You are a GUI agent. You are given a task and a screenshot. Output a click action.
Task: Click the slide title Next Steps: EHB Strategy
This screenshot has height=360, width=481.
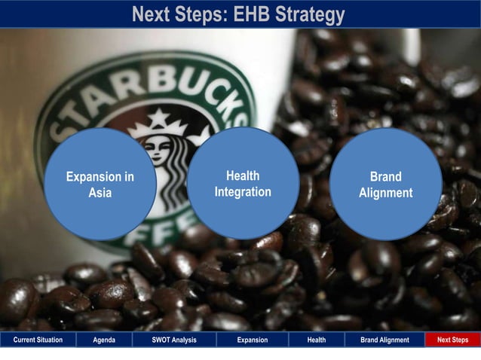click(x=238, y=14)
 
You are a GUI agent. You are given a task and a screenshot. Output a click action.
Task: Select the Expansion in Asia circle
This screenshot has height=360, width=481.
click(x=100, y=185)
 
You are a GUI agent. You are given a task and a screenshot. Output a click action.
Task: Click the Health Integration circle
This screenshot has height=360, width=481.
click(x=243, y=183)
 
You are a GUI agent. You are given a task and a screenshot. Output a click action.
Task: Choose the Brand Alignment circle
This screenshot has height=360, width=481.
click(x=385, y=185)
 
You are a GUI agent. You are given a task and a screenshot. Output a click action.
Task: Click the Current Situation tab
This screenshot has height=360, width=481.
click(x=38, y=340)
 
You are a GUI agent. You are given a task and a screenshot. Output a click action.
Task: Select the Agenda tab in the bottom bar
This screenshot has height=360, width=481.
click(x=104, y=340)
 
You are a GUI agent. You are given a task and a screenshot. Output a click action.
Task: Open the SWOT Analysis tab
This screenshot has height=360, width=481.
click(x=173, y=340)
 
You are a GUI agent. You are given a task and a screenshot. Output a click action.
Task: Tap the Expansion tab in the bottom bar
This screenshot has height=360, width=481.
click(x=252, y=340)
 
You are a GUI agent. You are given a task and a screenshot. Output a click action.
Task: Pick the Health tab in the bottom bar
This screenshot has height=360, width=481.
click(x=317, y=340)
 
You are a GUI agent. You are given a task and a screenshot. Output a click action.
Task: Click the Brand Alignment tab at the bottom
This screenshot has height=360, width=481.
click(x=384, y=340)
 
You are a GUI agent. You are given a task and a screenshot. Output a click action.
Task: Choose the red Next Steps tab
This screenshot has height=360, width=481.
click(x=452, y=340)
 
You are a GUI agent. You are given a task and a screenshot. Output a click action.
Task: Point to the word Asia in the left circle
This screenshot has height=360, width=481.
click(x=100, y=193)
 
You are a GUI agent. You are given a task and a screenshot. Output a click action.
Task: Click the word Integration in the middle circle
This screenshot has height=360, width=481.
click(x=243, y=192)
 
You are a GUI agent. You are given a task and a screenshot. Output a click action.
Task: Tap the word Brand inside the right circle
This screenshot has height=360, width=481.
click(x=385, y=177)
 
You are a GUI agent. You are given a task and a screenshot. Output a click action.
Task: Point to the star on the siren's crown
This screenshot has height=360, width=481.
click(x=159, y=117)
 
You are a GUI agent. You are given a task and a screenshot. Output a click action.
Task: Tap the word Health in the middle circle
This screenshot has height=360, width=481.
click(x=243, y=175)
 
